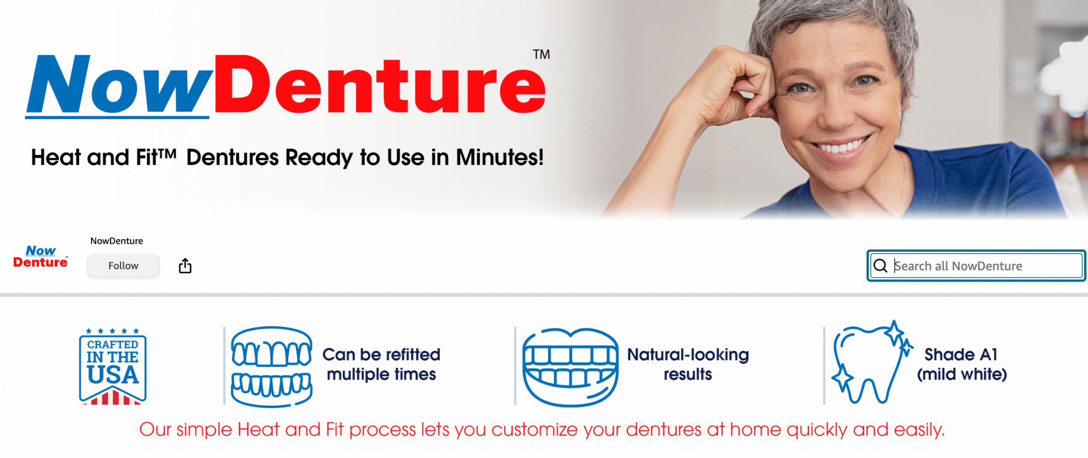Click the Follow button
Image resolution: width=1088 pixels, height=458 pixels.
(123, 266)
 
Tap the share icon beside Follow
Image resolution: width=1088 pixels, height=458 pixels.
(185, 266)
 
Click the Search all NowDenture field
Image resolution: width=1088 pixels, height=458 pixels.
(976, 266)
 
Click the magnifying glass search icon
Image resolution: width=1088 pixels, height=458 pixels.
(880, 266)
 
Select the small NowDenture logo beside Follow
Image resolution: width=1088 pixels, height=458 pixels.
(40, 257)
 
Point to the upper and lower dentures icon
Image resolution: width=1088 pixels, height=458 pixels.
(272, 367)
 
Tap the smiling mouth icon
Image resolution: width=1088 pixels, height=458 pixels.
(570, 367)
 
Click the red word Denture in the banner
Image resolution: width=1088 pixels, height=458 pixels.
(380, 84)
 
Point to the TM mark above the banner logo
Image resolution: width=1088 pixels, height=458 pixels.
(541, 54)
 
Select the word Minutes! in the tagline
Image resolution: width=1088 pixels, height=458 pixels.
(500, 157)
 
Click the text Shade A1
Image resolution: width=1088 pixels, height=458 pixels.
(961, 354)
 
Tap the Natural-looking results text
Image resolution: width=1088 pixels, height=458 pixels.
(688, 365)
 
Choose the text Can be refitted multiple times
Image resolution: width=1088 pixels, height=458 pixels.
(381, 365)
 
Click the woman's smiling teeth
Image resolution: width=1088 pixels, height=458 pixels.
(839, 147)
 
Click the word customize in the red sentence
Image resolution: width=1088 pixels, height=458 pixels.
(535, 430)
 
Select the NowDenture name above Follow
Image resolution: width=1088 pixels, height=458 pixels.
(116, 241)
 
